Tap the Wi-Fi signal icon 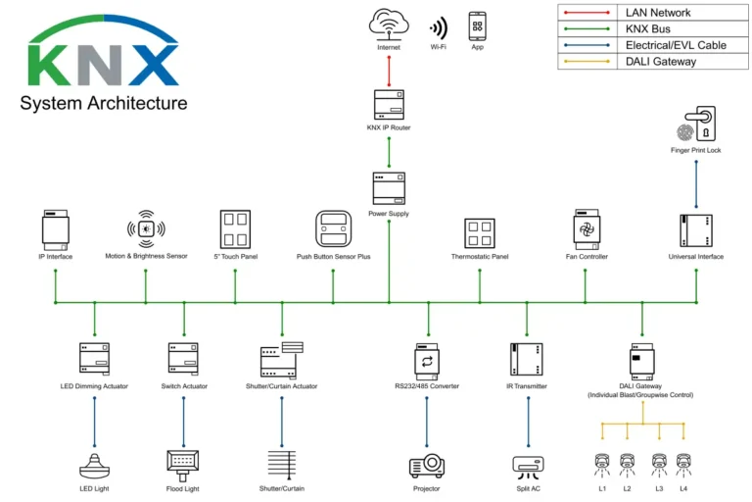[x=438, y=26]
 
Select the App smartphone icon [x=478, y=25]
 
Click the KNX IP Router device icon [x=389, y=105]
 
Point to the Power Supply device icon [x=389, y=187]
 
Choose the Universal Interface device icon [x=696, y=230]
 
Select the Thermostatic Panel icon [x=480, y=232]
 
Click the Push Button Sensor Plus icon [x=333, y=229]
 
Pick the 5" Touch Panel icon [x=235, y=229]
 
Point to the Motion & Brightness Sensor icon [x=146, y=229]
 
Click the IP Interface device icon [x=55, y=229]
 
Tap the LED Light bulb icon [x=94, y=462]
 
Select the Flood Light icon [x=183, y=462]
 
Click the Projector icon [x=426, y=464]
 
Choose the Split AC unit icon [x=528, y=464]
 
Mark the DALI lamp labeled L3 [x=659, y=463]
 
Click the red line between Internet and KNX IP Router [x=389, y=70]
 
